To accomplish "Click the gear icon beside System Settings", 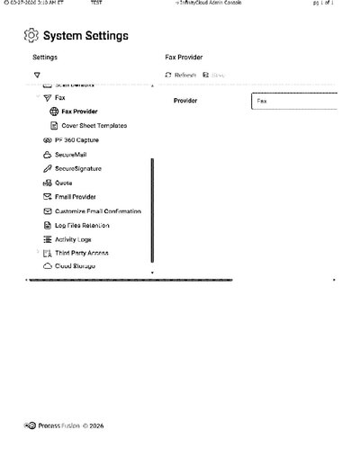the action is [31, 36].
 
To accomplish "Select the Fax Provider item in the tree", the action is [79, 112].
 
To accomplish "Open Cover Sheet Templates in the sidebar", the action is [94, 126].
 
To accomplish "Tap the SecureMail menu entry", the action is [70, 155].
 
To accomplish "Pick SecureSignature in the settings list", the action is [77, 168].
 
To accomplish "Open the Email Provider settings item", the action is [76, 196].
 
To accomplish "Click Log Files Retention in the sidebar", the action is [82, 225].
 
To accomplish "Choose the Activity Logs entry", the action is [73, 239].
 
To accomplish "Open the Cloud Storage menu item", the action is [75, 266].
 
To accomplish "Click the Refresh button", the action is [181, 76].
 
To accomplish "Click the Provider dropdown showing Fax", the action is [293, 101].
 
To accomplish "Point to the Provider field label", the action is [185, 101].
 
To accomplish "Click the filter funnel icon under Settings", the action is [37, 76].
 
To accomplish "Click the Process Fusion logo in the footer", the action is [31, 426].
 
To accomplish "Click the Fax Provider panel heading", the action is [184, 57].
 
